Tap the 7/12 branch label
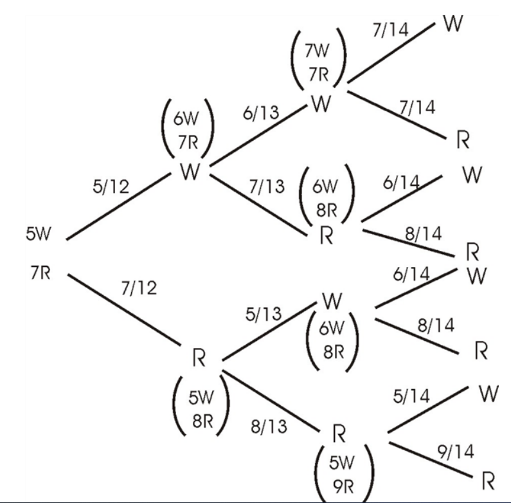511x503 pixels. click(139, 289)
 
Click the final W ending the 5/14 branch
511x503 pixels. click(489, 394)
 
